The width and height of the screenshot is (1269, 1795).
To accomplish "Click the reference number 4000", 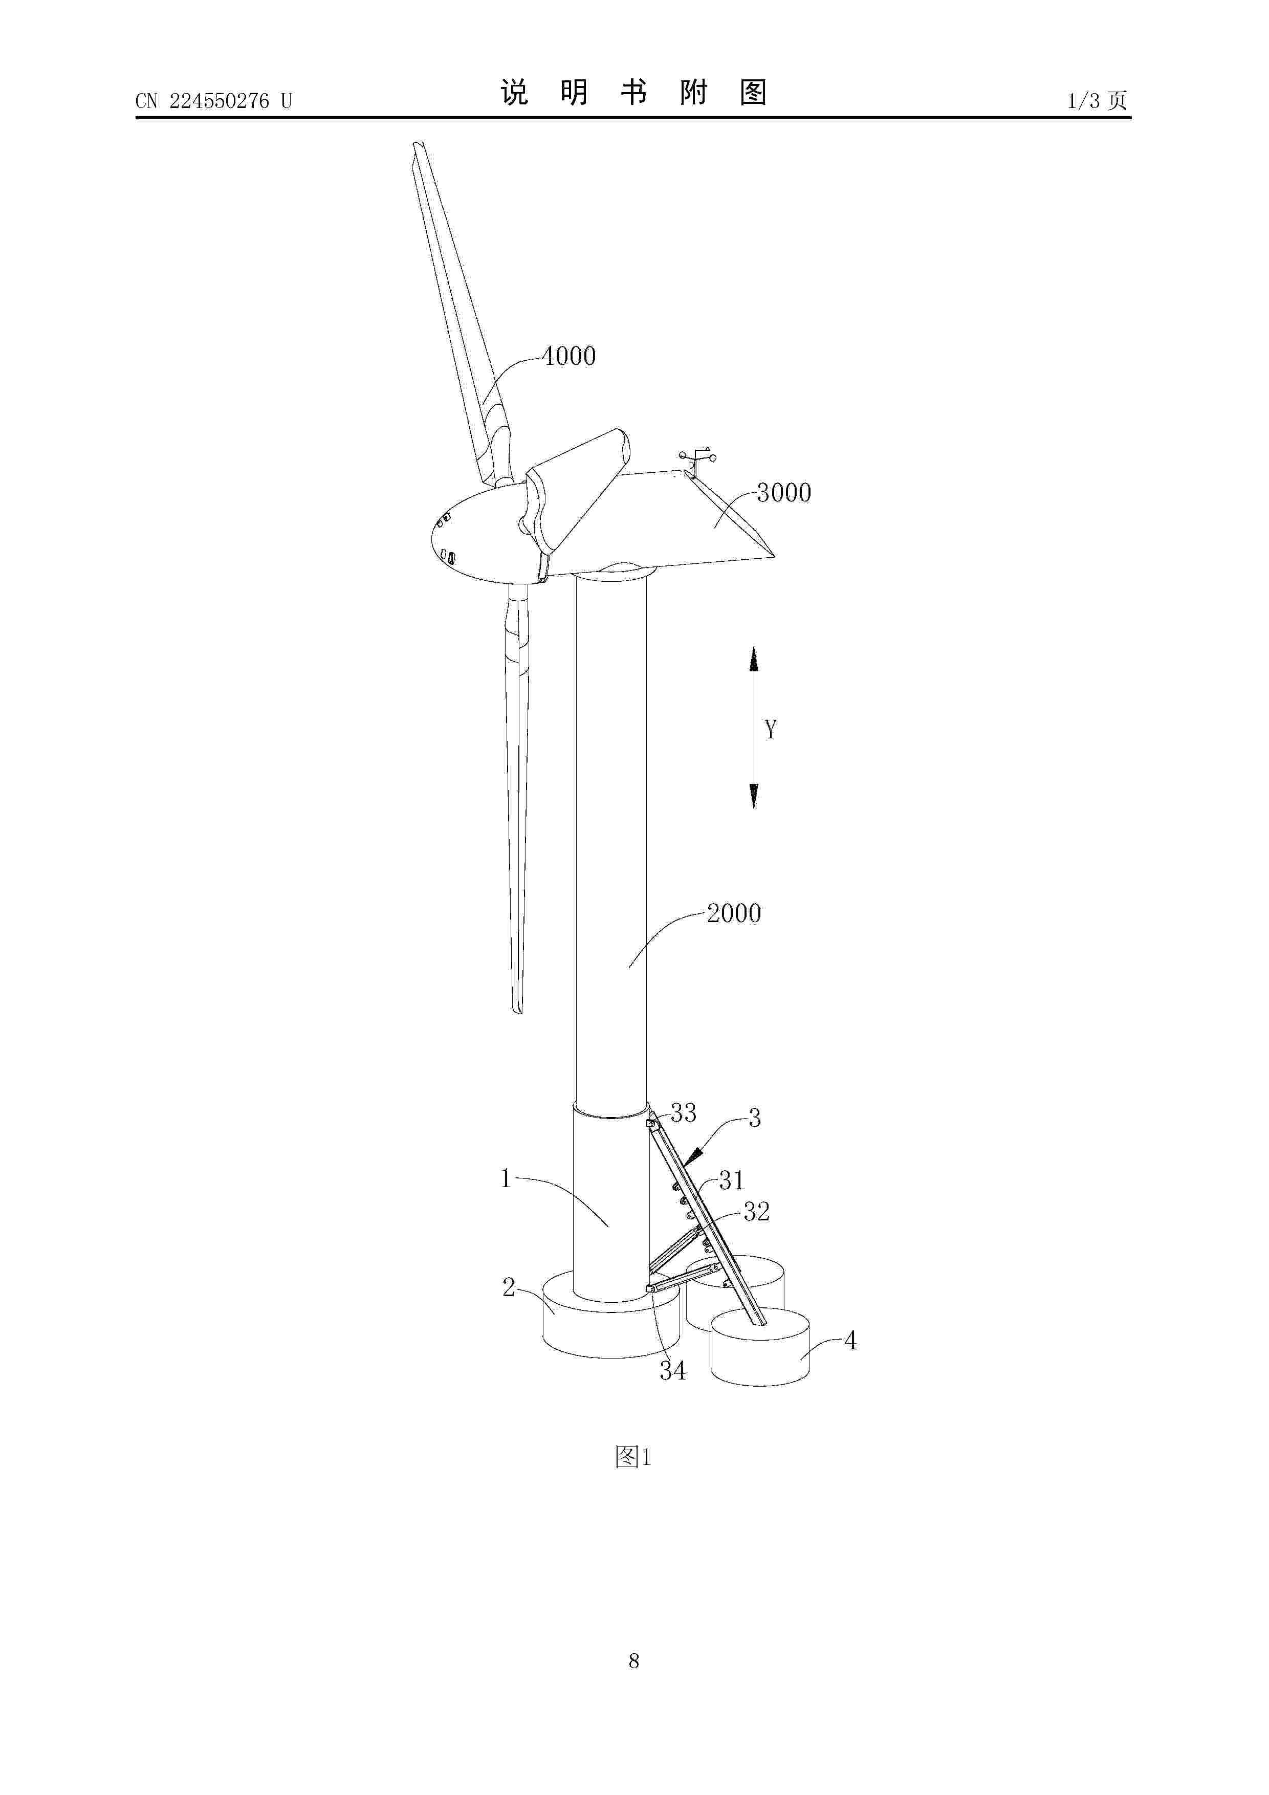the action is coord(569,357).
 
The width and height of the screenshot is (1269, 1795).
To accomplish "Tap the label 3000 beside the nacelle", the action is coord(784,493).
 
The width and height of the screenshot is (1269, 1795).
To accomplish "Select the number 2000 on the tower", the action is coord(734,913).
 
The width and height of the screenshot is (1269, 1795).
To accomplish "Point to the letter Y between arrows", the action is coord(771,730).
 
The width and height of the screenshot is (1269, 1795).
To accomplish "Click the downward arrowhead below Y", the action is coord(754,796).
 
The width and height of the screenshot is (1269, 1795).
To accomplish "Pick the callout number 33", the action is coord(684,1113).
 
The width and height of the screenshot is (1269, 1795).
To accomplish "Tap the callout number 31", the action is coord(732,1180).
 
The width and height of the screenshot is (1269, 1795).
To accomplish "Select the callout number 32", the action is coord(756,1212).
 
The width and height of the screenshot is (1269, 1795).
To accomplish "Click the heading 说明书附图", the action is coord(633,93).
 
